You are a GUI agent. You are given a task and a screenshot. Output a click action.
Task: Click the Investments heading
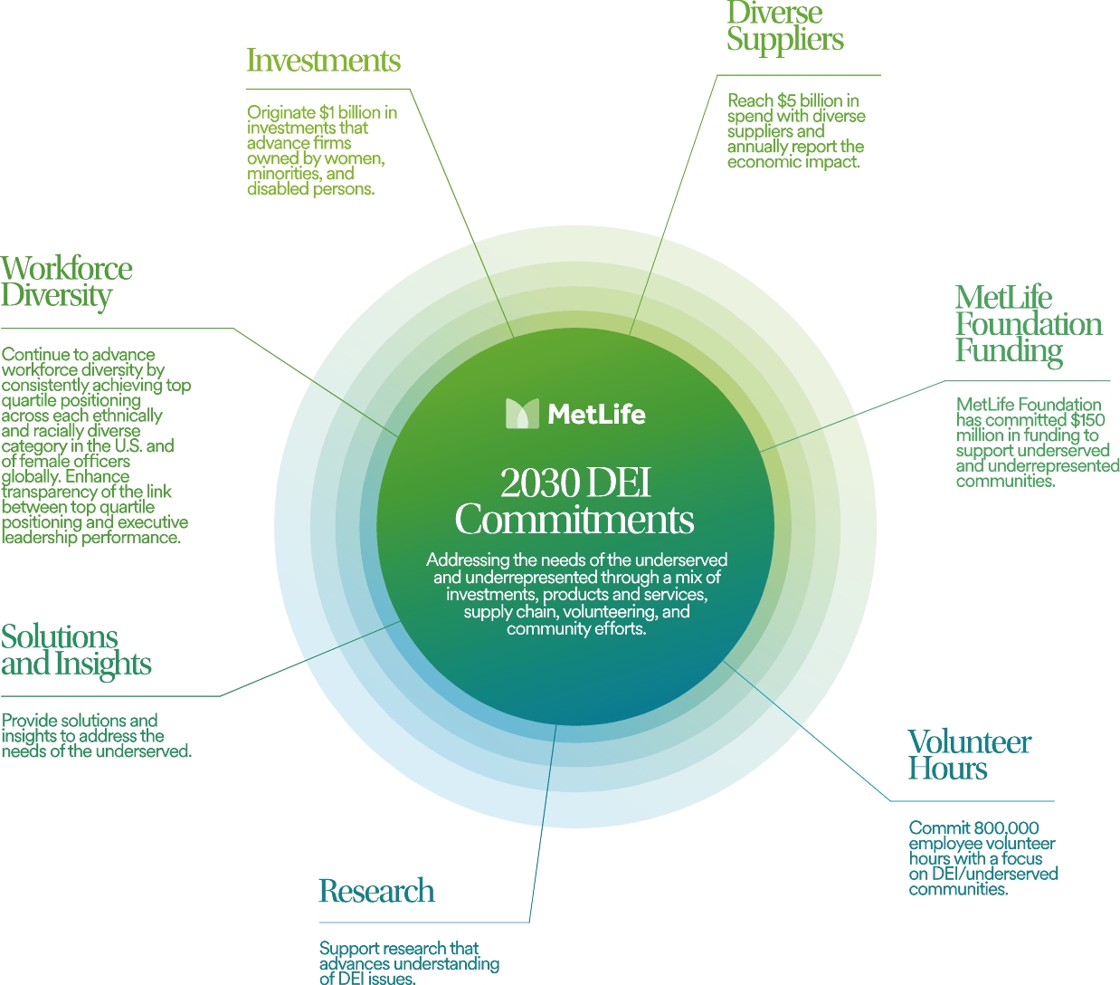pyautogui.click(x=323, y=61)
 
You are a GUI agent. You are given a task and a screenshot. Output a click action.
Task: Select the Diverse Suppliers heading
pyautogui.click(x=784, y=26)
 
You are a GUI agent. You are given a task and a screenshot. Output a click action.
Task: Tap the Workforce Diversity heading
pyautogui.click(x=66, y=282)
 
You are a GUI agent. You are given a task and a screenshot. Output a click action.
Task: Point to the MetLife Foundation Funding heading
pyautogui.click(x=1028, y=324)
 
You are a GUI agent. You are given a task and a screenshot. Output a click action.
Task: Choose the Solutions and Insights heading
pyautogui.click(x=75, y=650)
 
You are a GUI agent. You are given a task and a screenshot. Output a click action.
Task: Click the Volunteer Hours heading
pyautogui.click(x=969, y=755)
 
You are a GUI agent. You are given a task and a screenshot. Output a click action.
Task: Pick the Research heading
pyautogui.click(x=376, y=891)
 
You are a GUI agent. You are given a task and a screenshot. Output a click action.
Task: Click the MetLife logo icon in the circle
pyautogui.click(x=522, y=414)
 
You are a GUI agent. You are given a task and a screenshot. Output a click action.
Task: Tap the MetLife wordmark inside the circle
pyautogui.click(x=596, y=415)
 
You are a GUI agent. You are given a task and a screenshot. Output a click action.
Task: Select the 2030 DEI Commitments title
pyautogui.click(x=574, y=502)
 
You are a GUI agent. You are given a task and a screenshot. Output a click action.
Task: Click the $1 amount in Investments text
pyautogui.click(x=327, y=112)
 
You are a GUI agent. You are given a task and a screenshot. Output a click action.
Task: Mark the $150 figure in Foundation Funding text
pyautogui.click(x=1087, y=420)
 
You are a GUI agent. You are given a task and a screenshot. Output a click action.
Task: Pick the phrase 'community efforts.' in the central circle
pyautogui.click(x=576, y=628)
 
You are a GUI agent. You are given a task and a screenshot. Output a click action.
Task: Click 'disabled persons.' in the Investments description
pyautogui.click(x=310, y=189)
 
